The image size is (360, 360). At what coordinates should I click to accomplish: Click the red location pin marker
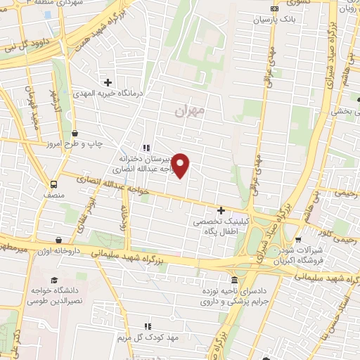click(181, 165)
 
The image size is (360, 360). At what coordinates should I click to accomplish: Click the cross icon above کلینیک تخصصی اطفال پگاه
click(221, 210)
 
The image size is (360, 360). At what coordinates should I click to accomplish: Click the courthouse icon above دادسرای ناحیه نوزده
click(234, 280)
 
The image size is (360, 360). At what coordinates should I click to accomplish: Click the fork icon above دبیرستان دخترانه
click(146, 148)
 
